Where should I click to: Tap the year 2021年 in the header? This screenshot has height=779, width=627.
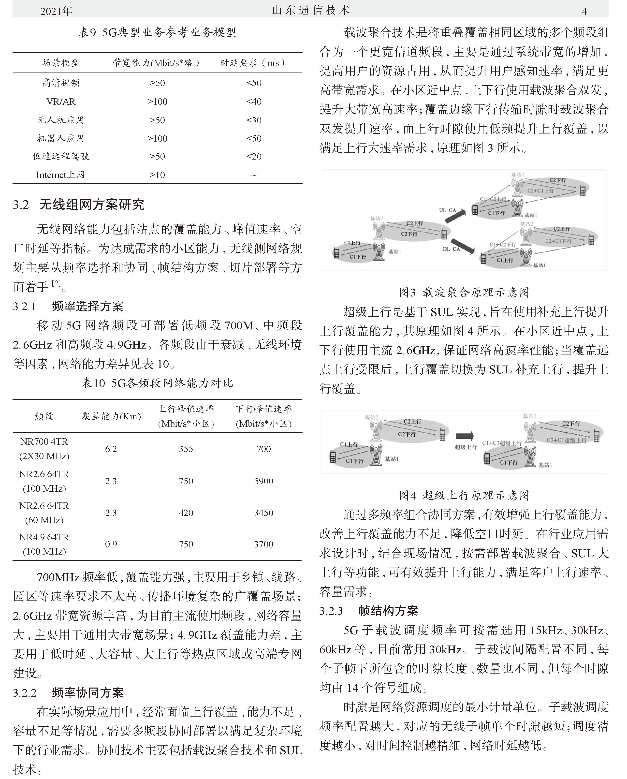coord(56,11)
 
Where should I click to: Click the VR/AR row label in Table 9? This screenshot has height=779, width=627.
coord(61,102)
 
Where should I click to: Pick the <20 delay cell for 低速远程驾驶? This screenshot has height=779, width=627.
coord(254,156)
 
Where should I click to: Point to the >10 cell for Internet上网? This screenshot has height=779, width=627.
coord(157,175)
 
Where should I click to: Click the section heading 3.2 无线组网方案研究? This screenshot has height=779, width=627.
coord(79,205)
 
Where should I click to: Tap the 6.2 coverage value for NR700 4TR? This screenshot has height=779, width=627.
coord(111,449)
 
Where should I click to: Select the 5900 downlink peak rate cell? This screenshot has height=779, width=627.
coord(264,481)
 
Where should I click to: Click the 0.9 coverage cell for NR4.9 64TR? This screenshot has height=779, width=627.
coord(111,544)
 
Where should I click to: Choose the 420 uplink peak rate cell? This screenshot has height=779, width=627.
coord(186,513)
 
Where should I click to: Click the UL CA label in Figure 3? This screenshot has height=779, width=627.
coord(448,210)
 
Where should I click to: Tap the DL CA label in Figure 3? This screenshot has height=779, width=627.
coord(451,249)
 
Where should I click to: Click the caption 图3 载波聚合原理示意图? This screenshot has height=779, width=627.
coord(464,292)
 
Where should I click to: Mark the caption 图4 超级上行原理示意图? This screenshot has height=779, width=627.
coord(464,495)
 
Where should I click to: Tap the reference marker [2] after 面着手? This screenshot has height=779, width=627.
coord(56,283)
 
